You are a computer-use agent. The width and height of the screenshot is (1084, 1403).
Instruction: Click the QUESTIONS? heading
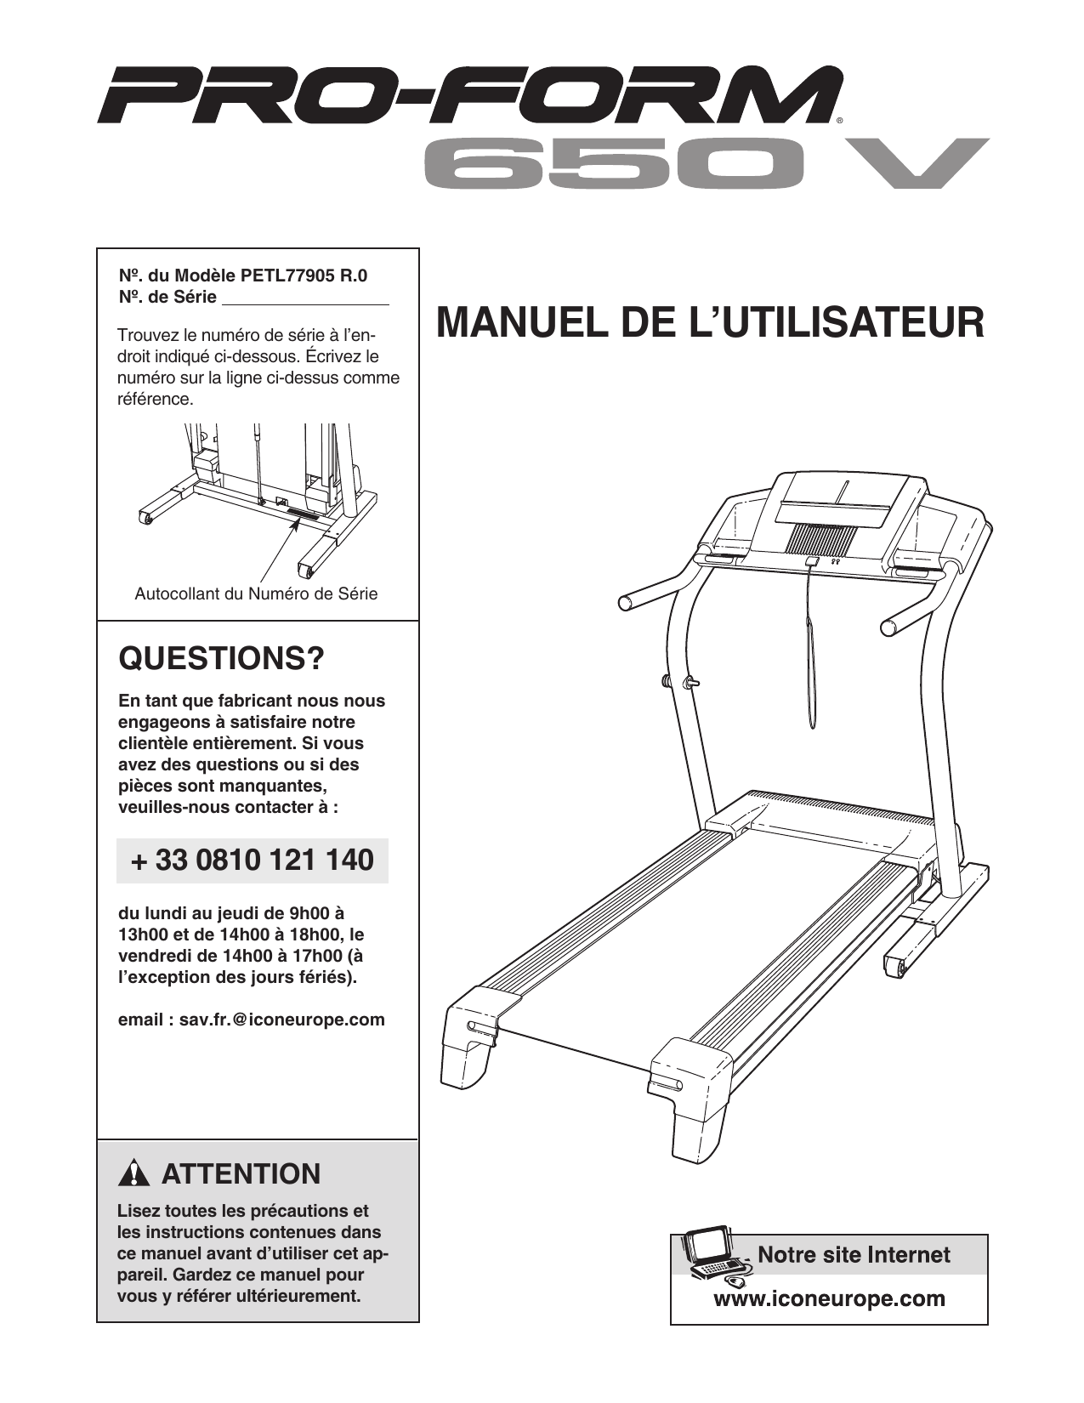click(x=221, y=658)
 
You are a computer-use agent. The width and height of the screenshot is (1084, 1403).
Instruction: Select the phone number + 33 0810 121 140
click(x=253, y=861)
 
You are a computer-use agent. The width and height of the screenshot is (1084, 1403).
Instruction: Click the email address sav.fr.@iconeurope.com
click(x=281, y=1020)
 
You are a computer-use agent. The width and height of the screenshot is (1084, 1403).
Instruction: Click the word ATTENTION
click(x=241, y=1174)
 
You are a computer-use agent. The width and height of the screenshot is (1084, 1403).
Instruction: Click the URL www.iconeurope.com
click(x=829, y=1299)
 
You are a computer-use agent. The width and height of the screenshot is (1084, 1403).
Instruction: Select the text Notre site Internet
click(x=854, y=1255)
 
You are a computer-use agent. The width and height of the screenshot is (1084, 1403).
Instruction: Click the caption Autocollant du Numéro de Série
click(x=256, y=594)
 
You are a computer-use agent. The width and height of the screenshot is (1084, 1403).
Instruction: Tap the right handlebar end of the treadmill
click(x=889, y=628)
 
